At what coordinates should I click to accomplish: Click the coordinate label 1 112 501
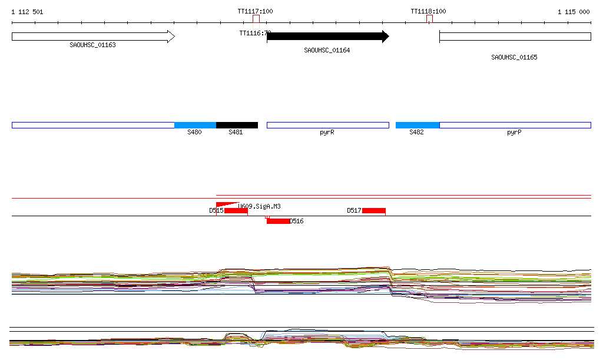pos(27,12)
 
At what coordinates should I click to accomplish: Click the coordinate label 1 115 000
pos(574,12)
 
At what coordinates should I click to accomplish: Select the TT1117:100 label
pos(255,11)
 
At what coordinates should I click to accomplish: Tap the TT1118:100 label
pos(428,11)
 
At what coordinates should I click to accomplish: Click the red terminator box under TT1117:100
pos(256,19)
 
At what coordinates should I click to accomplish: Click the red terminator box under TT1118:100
pos(429,19)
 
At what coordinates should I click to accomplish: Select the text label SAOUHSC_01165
pos(514,57)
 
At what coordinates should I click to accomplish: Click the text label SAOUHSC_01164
pos(327,50)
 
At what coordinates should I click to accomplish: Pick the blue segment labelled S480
pos(195,125)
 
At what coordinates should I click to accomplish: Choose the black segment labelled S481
pos(237,125)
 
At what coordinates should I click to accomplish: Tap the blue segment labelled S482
pos(417,125)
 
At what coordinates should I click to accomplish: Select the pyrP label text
pos(514,133)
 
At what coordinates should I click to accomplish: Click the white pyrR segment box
pos(327,125)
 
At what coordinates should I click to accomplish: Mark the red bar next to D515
pos(236,211)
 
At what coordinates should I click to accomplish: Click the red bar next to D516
pos(278,221)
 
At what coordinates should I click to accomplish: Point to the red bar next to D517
pos(373,210)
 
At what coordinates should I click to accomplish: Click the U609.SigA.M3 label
pos(259,206)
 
